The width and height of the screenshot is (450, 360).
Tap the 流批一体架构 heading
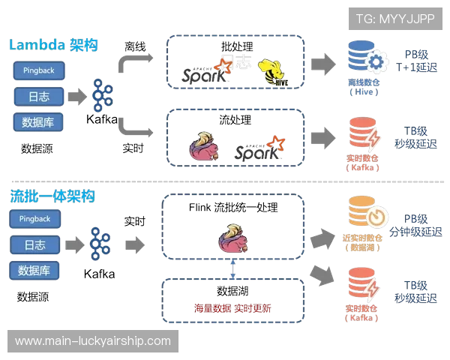click(x=52, y=196)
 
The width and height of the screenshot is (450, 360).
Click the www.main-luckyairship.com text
click(x=93, y=341)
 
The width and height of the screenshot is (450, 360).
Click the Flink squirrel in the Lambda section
click(x=204, y=146)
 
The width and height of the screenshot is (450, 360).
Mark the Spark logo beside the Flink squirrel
click(x=259, y=148)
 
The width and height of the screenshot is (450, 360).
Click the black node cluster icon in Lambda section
click(x=100, y=95)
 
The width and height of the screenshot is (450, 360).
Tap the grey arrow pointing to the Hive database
click(x=325, y=62)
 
